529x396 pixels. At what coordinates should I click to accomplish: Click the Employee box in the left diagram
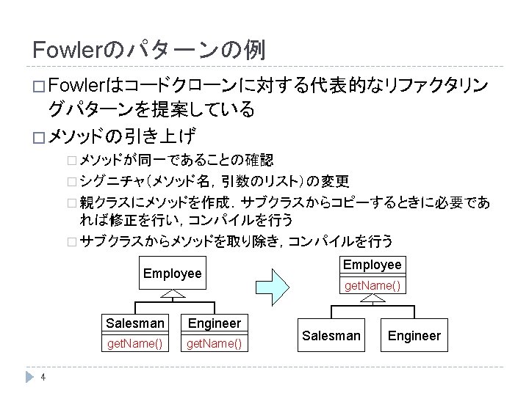[x=172, y=273]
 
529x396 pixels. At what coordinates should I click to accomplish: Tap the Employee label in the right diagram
[x=373, y=265]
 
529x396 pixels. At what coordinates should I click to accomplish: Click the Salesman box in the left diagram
[x=135, y=323]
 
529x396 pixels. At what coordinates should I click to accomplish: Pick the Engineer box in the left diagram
[x=214, y=323]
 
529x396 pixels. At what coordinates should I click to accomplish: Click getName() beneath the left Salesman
[x=135, y=343]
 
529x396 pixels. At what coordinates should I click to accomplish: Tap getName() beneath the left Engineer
[x=214, y=343]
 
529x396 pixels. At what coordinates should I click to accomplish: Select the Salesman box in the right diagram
[x=332, y=335]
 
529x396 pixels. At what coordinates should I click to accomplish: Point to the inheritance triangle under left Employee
[x=172, y=294]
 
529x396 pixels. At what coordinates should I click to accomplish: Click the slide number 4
[x=44, y=378]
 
